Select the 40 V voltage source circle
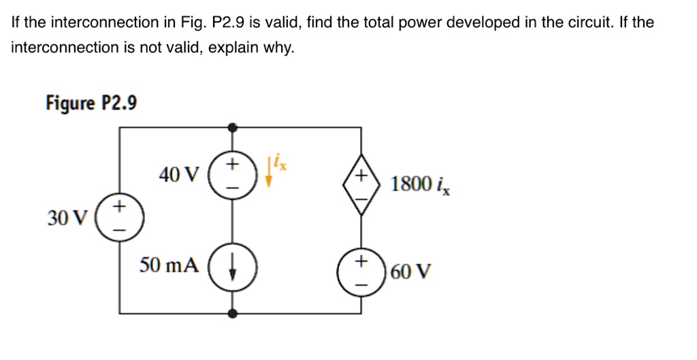tap(233, 175)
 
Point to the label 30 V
tap(67, 218)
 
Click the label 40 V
tap(178, 176)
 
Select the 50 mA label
tap(169, 265)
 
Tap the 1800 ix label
tap(420, 184)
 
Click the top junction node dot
tap(233, 127)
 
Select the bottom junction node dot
tap(233, 313)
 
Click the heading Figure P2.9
tap(91, 103)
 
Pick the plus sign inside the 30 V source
tap(120, 206)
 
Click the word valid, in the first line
tap(285, 22)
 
